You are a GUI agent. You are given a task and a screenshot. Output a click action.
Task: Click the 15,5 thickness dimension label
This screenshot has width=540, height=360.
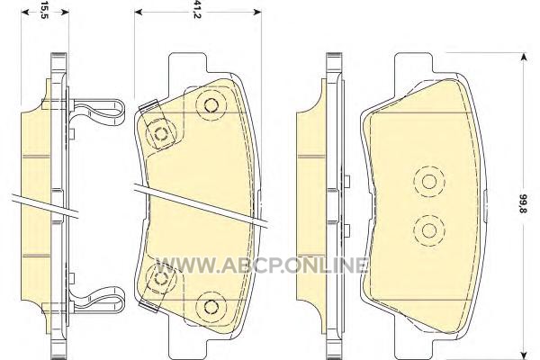pos(44,10)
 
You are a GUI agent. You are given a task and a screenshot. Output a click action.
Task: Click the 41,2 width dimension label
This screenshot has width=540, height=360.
pos(196,10)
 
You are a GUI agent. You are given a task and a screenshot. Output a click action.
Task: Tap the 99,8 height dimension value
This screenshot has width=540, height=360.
pos(523,203)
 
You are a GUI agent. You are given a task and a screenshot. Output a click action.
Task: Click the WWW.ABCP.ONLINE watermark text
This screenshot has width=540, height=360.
pos(262,265)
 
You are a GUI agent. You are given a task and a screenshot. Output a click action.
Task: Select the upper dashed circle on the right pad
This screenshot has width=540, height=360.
pos(429,182)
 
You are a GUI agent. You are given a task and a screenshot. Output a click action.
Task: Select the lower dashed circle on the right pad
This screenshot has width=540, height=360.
pos(429,230)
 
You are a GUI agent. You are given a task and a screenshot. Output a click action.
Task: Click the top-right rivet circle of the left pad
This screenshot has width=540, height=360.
pos(211,105)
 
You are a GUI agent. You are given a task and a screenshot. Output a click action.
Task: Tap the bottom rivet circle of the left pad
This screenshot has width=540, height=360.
pos(211,306)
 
